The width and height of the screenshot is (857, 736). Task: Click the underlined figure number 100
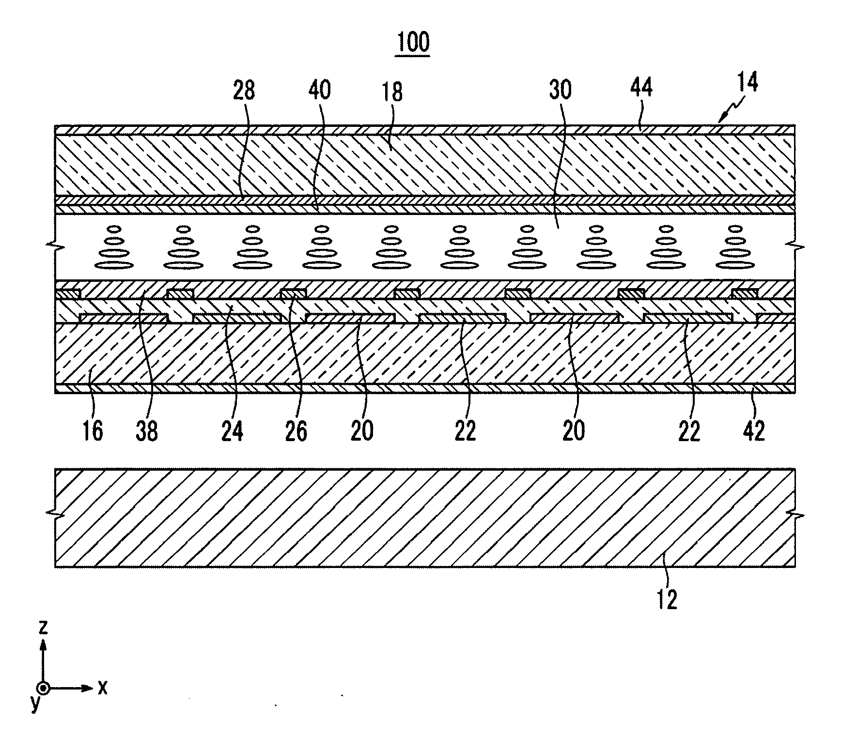click(413, 43)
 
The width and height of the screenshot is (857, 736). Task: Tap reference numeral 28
click(244, 91)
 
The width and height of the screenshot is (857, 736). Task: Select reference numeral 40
click(319, 91)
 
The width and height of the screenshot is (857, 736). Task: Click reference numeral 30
click(560, 91)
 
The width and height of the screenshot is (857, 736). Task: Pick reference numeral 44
click(641, 88)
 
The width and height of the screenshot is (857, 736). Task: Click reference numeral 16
click(93, 430)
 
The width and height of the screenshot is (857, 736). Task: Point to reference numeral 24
click(232, 430)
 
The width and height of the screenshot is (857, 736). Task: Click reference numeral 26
click(296, 430)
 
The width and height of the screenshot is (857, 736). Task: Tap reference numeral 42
click(754, 430)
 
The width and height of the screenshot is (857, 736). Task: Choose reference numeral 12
click(667, 599)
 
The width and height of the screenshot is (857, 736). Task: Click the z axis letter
click(44, 628)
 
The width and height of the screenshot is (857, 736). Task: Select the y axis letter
click(35, 703)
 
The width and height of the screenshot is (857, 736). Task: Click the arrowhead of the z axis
click(44, 644)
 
